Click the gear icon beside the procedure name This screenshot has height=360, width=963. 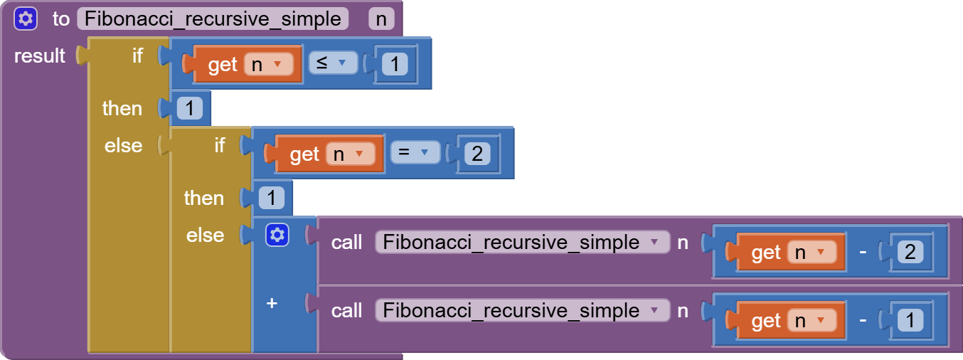[25, 18]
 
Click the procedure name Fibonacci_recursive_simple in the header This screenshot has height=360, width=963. [213, 18]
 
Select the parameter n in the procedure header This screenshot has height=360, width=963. [381, 19]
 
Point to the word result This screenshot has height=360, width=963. [40, 55]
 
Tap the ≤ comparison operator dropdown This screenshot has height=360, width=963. [332, 63]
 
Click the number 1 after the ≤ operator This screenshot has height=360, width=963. [394, 65]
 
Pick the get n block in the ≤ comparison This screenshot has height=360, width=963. [222, 65]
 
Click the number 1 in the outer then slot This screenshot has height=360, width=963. [189, 109]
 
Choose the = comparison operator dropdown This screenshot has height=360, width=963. [415, 152]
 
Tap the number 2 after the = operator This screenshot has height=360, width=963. [476, 154]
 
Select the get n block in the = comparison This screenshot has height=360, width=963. [304, 154]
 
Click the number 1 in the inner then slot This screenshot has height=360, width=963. [271, 198]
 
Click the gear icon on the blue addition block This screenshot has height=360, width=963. [277, 235]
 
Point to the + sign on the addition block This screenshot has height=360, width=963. [271, 303]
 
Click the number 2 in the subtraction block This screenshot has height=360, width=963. [910, 252]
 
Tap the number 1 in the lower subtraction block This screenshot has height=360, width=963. [910, 320]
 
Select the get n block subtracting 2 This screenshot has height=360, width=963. [765, 253]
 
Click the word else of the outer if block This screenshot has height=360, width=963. [123, 146]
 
